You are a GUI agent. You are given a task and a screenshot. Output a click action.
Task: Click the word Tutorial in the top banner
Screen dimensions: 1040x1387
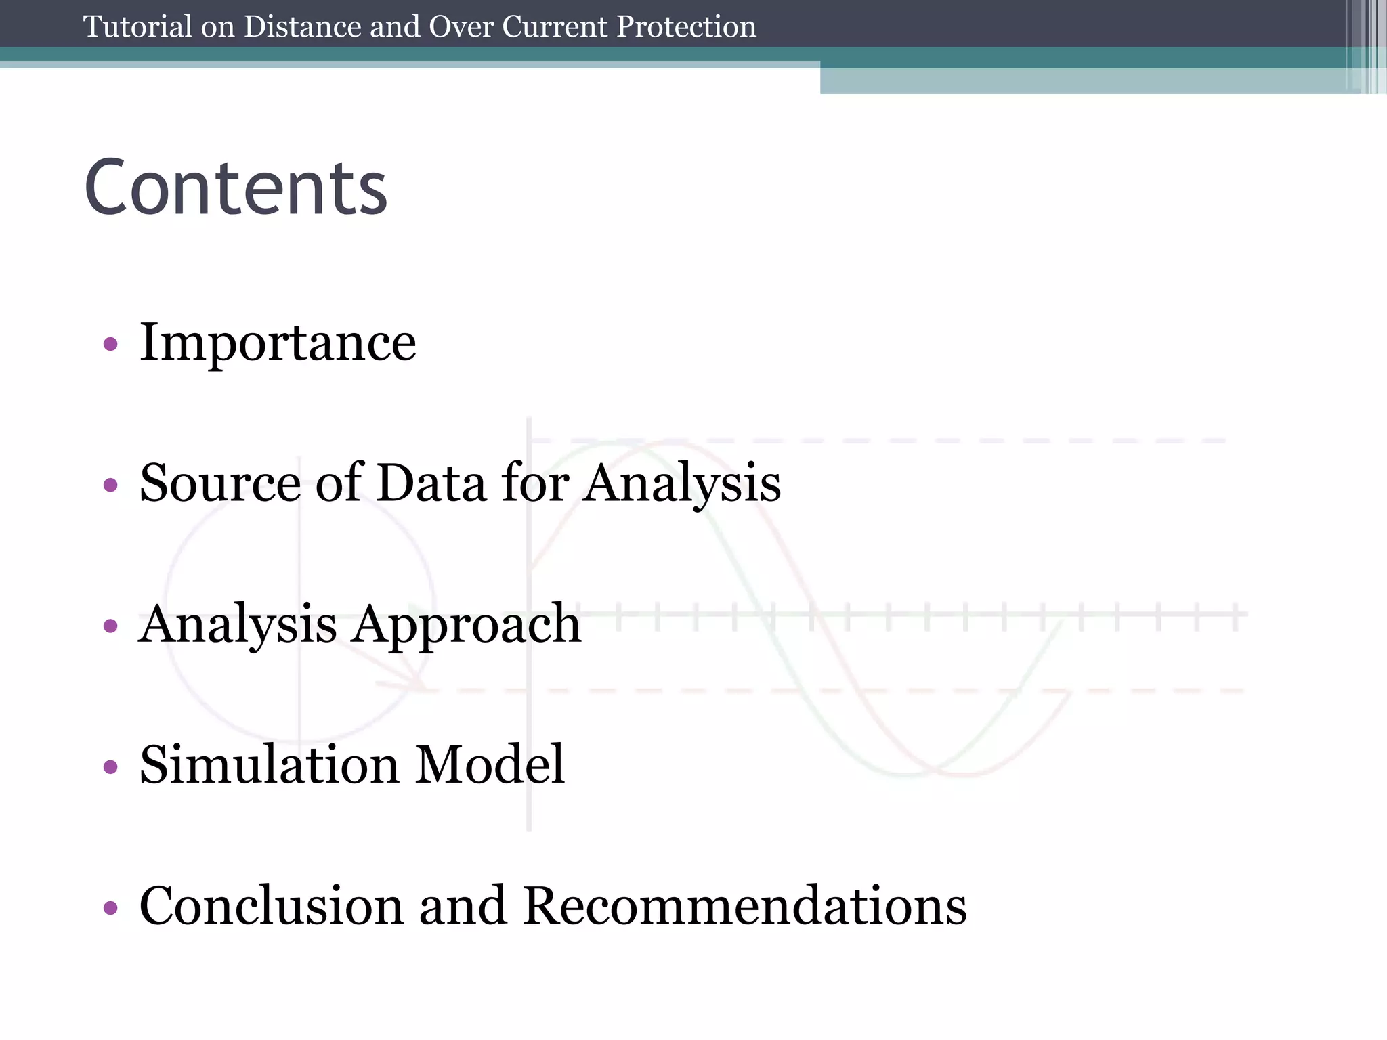pyautogui.click(x=137, y=27)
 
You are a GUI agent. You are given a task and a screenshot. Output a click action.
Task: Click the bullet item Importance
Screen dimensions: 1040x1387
pyautogui.click(x=278, y=343)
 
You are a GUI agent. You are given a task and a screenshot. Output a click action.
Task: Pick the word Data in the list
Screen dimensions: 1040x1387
pyautogui.click(x=431, y=483)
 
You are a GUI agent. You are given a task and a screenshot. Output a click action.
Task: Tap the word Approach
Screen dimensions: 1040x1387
pyautogui.click(x=466, y=624)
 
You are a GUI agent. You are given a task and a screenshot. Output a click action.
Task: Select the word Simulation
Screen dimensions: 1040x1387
pyautogui.click(x=269, y=765)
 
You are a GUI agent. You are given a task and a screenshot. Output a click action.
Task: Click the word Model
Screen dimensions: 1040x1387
pyautogui.click(x=490, y=765)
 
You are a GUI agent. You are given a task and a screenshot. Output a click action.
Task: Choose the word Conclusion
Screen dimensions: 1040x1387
pyautogui.click(x=271, y=906)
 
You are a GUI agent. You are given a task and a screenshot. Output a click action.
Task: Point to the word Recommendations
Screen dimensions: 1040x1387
pyautogui.click(x=745, y=906)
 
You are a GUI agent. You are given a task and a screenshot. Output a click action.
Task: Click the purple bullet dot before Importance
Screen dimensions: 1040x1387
pyautogui.click(x=110, y=345)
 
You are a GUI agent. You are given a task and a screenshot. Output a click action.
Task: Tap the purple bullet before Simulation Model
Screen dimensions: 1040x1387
pyautogui.click(x=110, y=767)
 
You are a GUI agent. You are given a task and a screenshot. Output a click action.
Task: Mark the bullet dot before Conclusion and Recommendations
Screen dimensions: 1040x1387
pyautogui.click(x=110, y=908)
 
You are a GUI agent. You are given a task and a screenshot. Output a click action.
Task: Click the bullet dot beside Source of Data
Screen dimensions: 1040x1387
pyautogui.click(x=110, y=485)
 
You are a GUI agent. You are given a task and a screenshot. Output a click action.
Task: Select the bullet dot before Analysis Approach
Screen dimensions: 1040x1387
pyautogui.click(x=110, y=626)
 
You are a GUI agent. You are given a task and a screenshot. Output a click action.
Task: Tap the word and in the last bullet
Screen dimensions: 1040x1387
pyautogui.click(x=463, y=906)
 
